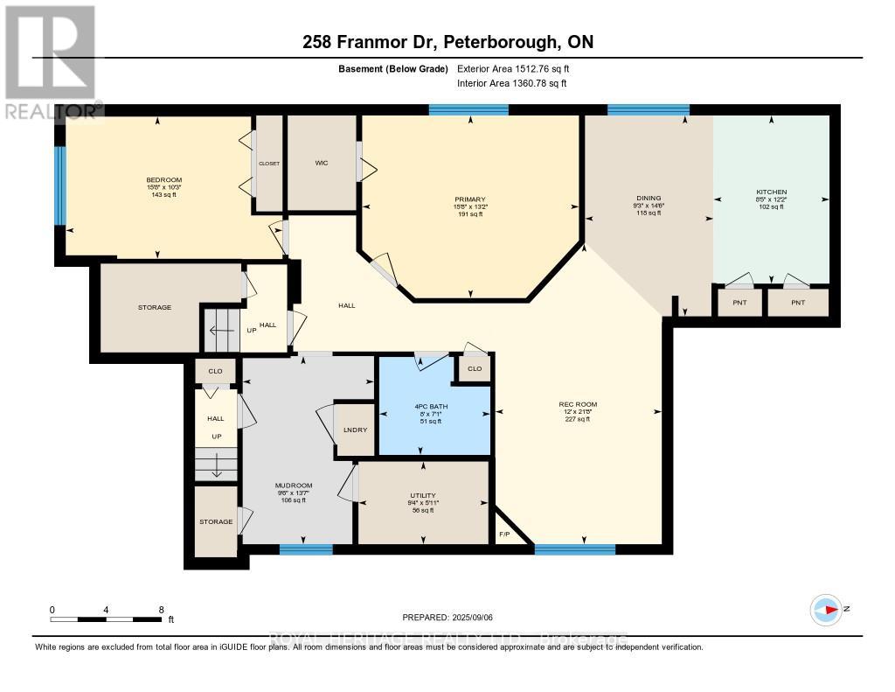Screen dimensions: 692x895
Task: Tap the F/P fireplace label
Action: point(504,535)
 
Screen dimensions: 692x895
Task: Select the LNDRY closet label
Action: point(355,430)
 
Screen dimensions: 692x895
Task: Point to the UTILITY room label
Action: point(423,495)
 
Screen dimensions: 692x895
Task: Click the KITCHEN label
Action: point(771,192)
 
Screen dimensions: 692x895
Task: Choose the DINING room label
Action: point(649,198)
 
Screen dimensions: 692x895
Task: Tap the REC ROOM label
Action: point(578,404)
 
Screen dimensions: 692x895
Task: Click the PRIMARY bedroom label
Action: point(470,199)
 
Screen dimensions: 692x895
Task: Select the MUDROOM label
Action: point(294,486)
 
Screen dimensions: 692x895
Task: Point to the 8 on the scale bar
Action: point(161,609)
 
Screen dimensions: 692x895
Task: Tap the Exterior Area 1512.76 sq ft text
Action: point(513,68)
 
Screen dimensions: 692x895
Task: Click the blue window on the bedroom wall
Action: point(60,185)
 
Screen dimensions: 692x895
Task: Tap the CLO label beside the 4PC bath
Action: point(475,369)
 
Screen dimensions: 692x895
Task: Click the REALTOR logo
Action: point(51,61)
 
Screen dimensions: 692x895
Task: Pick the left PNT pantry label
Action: point(738,302)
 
